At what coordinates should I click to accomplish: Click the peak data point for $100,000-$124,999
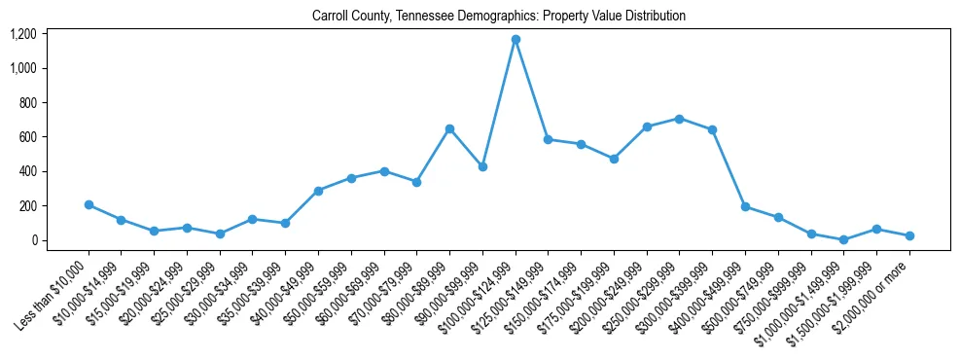516,40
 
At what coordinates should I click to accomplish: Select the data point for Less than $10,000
89,205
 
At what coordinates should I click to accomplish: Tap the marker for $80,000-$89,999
449,128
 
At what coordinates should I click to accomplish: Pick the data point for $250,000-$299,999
680,119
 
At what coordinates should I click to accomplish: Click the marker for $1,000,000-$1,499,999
844,239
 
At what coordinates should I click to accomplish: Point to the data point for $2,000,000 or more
909,235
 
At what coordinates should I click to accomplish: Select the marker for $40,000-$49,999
318,191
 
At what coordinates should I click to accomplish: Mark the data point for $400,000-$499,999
745,206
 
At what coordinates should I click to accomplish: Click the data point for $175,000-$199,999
614,159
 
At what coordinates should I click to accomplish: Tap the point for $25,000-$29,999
220,234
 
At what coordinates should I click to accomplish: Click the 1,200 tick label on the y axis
23,34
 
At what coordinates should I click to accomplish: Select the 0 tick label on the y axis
33,240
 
